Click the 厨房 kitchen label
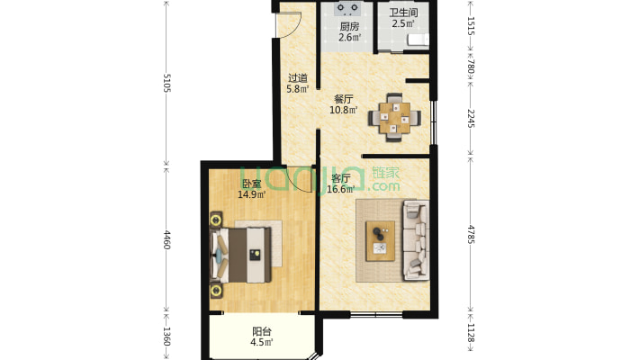tap(350, 27)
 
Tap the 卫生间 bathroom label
tap(403, 13)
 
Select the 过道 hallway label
tap(298, 78)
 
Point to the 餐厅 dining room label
tap(344, 99)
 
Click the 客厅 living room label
tap(341, 178)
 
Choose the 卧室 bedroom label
tap(251, 184)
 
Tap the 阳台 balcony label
tap(262, 331)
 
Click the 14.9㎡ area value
tap(252, 194)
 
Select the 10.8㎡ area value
tap(344, 110)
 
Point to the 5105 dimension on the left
tap(166, 83)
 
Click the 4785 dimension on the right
tap(471, 234)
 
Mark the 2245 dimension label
tap(471, 118)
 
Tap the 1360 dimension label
tap(166, 337)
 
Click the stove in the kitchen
tap(347, 9)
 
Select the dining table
tap(394, 118)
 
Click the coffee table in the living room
tap(380, 241)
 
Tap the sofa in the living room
tap(416, 239)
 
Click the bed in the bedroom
tap(240, 255)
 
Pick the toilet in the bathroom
tap(418, 39)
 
